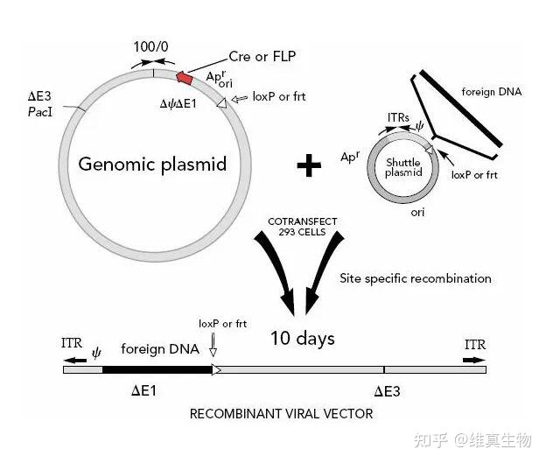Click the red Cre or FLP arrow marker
point(185,78)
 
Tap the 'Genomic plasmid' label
point(153,164)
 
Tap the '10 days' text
point(302,338)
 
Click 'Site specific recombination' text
point(415,278)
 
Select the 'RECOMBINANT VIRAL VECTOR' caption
point(281,413)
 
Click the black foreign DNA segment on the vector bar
point(157,369)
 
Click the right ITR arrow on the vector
point(475,359)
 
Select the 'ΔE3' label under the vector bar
point(387,390)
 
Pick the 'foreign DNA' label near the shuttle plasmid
point(488,91)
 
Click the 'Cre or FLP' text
point(262,57)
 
